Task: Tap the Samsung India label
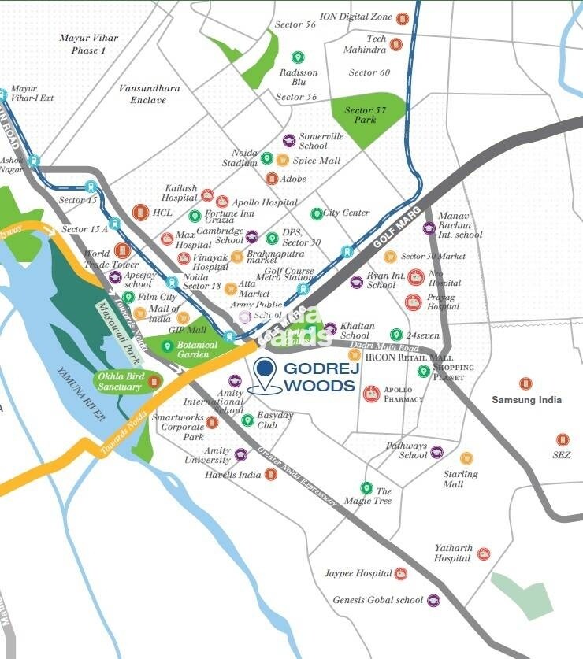(x=526, y=400)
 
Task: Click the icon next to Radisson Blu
(x=298, y=57)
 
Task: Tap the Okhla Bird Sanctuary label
(x=121, y=382)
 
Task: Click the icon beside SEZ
(x=562, y=439)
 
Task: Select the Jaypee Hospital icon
(x=400, y=574)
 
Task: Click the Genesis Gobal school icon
(x=433, y=600)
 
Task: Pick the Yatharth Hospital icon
(x=483, y=554)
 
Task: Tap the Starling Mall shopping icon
(x=466, y=457)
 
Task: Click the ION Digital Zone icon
(x=403, y=17)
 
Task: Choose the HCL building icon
(x=140, y=212)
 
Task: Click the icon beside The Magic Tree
(x=366, y=488)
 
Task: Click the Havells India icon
(x=271, y=474)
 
